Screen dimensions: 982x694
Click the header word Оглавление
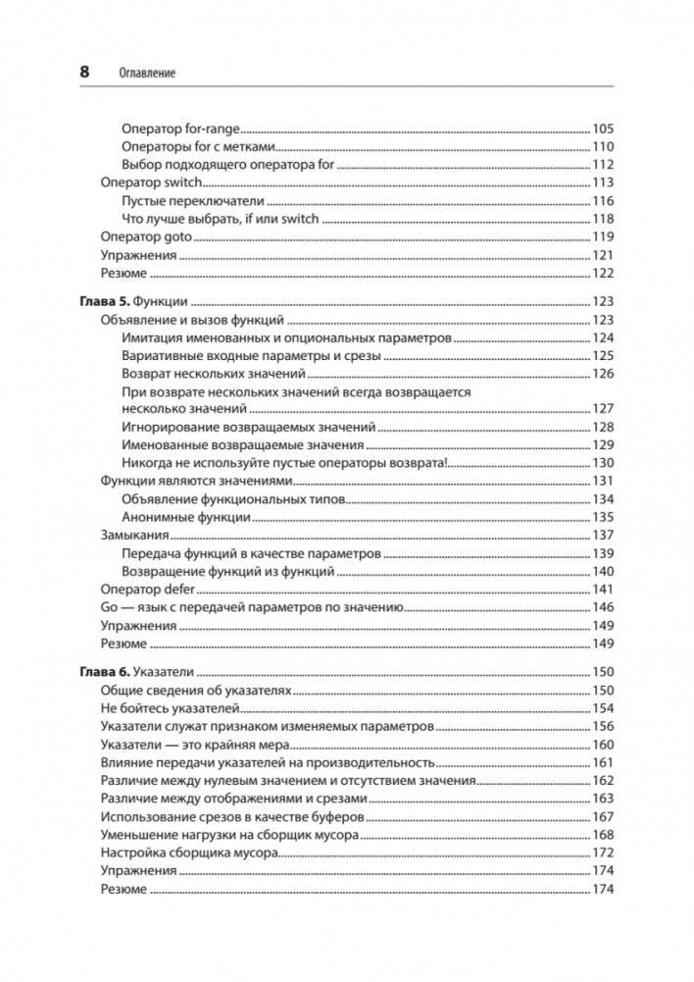coord(146,74)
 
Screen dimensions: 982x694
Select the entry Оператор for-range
coord(180,129)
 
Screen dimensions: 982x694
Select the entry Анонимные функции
coord(186,517)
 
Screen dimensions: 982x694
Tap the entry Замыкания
coord(135,535)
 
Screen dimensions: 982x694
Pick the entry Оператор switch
coord(151,182)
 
